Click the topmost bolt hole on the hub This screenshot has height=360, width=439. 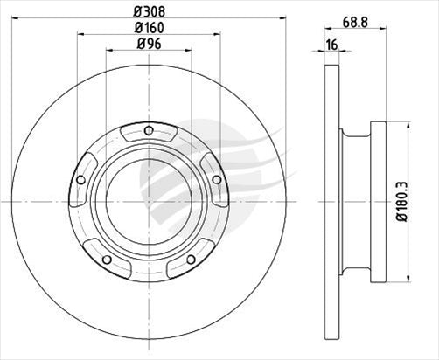(x=149, y=131)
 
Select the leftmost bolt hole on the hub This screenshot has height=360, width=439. (x=80, y=180)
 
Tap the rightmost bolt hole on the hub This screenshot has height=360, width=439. (x=217, y=179)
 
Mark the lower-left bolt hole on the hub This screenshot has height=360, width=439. (x=107, y=259)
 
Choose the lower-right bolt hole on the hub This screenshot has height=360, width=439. (x=191, y=259)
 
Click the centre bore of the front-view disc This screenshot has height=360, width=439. (x=149, y=194)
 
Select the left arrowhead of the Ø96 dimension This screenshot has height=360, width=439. (x=109, y=51)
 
